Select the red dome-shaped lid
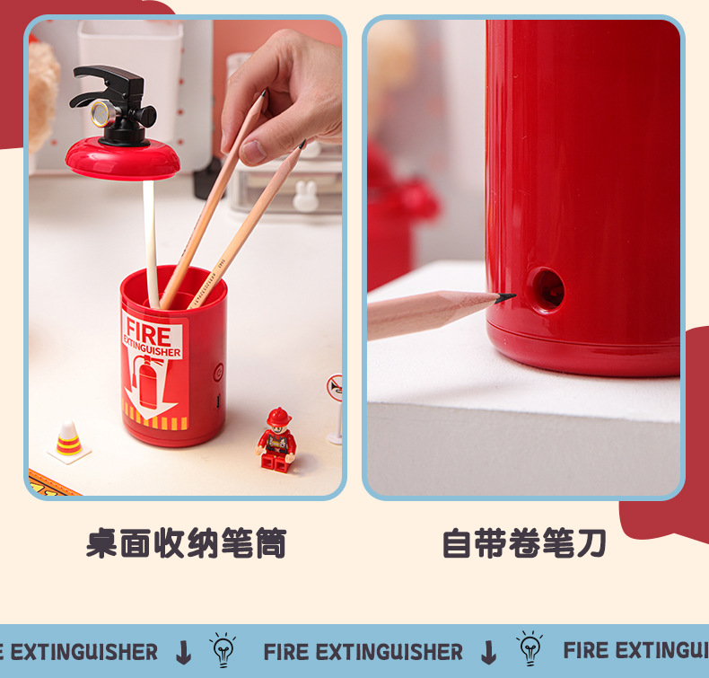click(122, 159)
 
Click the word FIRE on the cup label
click(147, 327)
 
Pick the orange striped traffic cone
click(69, 440)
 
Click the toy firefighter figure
click(277, 440)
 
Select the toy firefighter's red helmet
click(279, 418)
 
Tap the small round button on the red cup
click(218, 369)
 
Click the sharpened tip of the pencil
click(507, 296)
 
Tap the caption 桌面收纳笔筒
click(186, 543)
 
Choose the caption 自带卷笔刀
click(524, 543)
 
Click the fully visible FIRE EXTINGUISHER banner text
click(363, 651)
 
